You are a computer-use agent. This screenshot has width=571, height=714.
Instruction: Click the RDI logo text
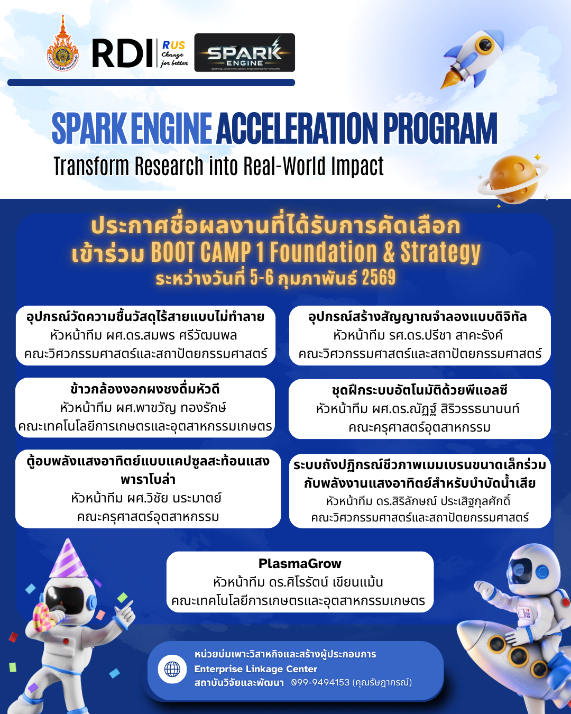tap(122, 53)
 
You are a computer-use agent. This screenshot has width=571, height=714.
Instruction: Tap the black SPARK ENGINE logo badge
tap(244, 52)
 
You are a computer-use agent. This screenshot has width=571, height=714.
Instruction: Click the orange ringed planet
tap(513, 179)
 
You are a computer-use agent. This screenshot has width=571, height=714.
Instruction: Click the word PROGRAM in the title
tap(440, 129)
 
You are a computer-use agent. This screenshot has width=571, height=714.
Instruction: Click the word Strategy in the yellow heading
tap(440, 253)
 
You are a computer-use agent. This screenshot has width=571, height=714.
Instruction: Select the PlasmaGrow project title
tap(300, 563)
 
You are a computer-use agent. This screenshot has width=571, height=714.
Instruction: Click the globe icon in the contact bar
tap(172, 669)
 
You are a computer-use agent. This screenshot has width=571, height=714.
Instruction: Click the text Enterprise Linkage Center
tap(255, 669)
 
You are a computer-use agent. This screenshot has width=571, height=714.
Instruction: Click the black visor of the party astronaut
tap(65, 600)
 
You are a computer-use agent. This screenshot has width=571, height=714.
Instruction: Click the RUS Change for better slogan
tap(174, 53)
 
